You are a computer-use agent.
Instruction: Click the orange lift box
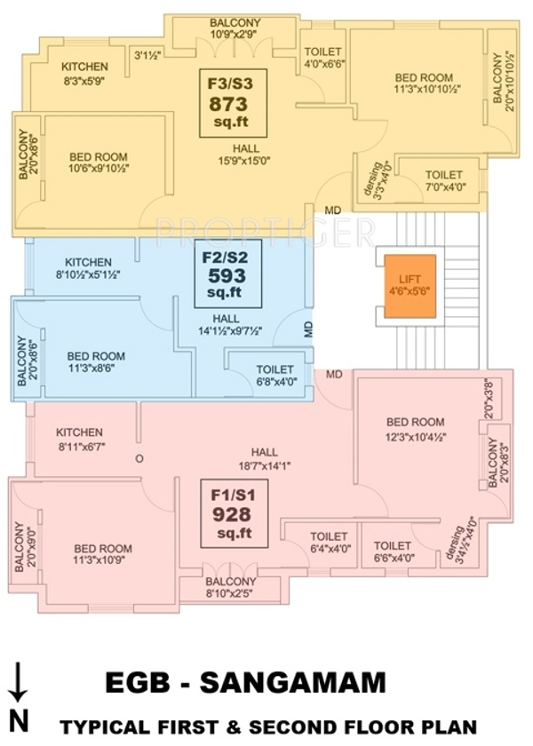point(410,286)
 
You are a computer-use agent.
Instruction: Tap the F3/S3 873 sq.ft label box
point(233,103)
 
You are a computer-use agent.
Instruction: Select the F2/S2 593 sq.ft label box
point(228,274)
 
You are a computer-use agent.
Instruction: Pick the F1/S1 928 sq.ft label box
point(235,514)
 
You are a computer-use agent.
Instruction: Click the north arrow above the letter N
point(19,681)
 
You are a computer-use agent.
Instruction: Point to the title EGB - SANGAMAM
point(245,682)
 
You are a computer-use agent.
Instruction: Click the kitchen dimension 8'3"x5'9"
point(84,81)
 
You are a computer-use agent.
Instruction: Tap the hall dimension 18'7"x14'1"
point(265,466)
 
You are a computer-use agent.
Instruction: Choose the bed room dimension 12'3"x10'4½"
point(416,436)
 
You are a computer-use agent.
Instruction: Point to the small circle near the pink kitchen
point(139,459)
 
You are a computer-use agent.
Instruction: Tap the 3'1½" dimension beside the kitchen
point(147,56)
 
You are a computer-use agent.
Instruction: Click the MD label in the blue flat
point(309,329)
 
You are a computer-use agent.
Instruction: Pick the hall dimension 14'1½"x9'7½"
point(230,330)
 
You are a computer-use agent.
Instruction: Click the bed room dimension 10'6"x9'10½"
point(99,169)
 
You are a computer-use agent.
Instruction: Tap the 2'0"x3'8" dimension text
point(489,399)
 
